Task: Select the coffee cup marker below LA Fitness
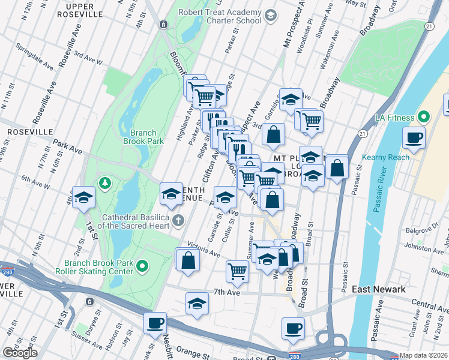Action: tap(414, 137)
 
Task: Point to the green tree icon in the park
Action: tap(106, 182)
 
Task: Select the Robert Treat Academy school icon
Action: tap(270, 16)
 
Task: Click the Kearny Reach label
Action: tap(385, 157)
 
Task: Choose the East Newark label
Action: tap(378, 289)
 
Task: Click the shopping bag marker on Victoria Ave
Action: tap(188, 260)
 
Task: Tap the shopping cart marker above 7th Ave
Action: tap(238, 271)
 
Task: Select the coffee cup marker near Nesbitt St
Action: tap(155, 323)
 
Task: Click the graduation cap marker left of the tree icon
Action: tap(83, 196)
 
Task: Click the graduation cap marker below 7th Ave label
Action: tap(197, 304)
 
